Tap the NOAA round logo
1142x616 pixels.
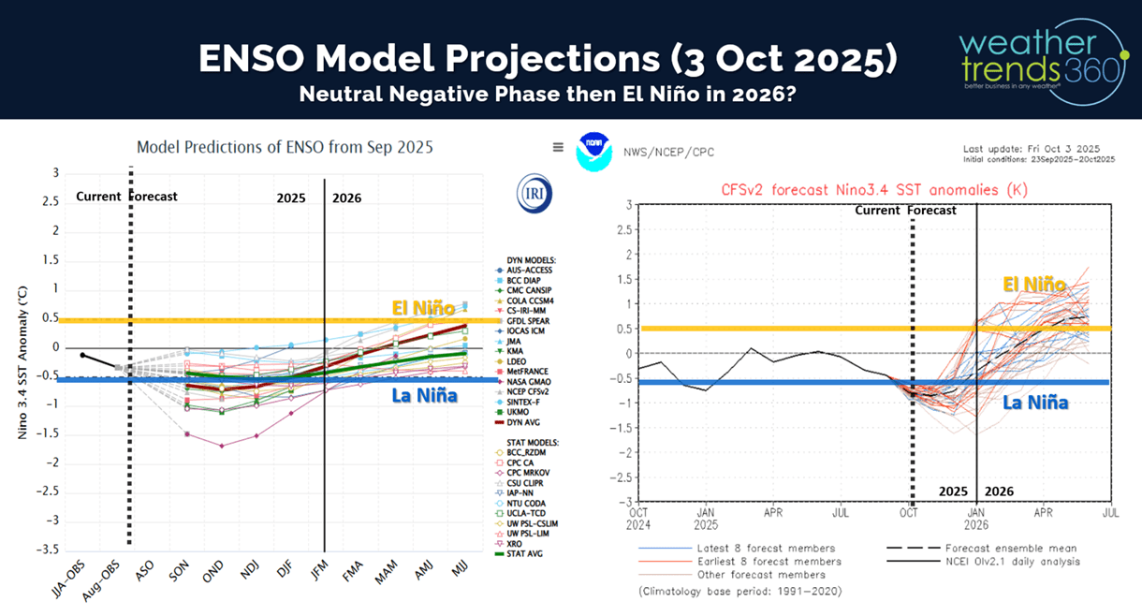tap(594, 151)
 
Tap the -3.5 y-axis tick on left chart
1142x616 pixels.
tap(48, 550)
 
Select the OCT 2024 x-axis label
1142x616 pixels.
tap(638, 519)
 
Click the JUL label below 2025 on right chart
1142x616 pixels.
tap(842, 513)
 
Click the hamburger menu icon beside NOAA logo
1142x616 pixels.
tap(558, 147)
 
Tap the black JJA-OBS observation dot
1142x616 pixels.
tap(83, 356)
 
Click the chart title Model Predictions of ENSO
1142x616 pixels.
tap(285, 147)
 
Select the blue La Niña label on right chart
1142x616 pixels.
tap(1034, 403)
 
